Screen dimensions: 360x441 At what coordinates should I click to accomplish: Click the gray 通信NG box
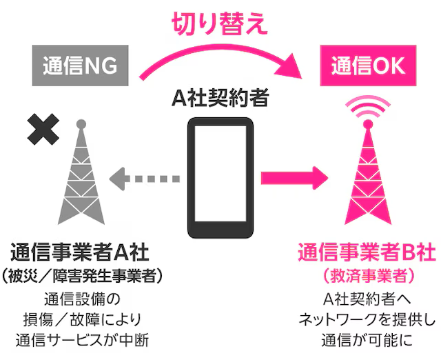[x=81, y=66]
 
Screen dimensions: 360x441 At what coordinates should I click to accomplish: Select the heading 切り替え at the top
[x=220, y=23]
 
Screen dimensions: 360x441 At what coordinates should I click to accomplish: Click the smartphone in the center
[x=220, y=177]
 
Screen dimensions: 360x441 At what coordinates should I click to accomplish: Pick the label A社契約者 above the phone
[x=220, y=99]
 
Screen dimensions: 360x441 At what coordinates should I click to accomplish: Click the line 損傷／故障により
[x=81, y=319]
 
